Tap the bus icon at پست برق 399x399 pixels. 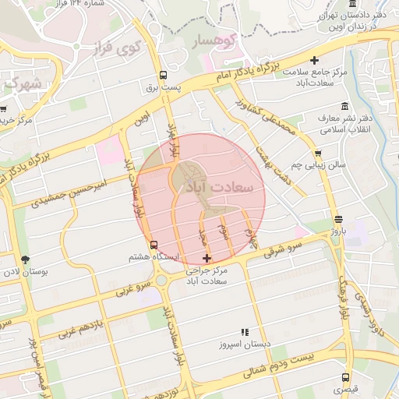click(x=163, y=76)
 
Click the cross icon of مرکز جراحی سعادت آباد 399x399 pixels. click(x=207, y=258)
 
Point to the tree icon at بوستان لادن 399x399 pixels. click(x=26, y=260)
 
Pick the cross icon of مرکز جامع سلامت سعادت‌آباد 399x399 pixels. click(x=315, y=60)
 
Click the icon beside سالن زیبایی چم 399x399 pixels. click(x=318, y=153)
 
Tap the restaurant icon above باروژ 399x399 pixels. click(x=337, y=220)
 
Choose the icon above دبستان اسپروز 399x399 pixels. click(x=245, y=332)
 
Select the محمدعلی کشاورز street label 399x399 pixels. click(x=268, y=119)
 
